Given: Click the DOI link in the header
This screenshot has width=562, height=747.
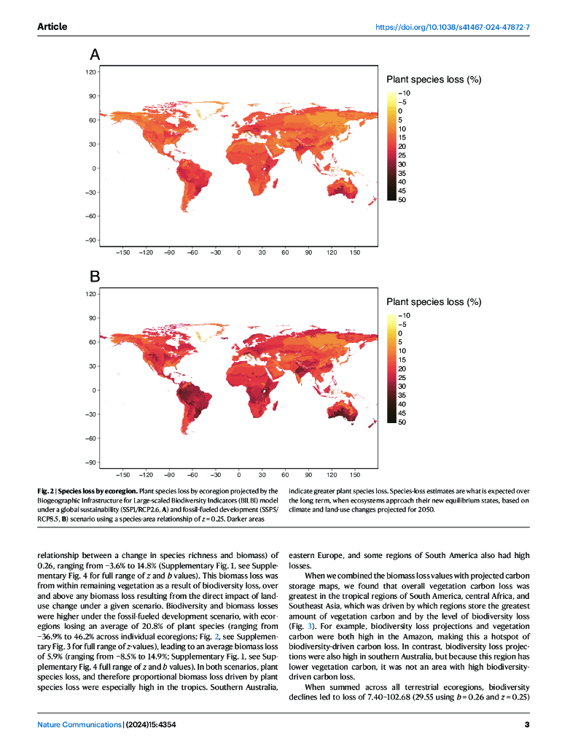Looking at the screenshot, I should [x=452, y=27].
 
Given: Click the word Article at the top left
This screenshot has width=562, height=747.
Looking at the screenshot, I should [x=52, y=27].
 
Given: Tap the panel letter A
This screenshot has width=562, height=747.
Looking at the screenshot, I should [x=95, y=54].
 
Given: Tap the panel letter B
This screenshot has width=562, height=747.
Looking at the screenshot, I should [x=95, y=276].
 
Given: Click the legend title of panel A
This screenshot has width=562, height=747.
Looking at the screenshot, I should [x=433, y=80].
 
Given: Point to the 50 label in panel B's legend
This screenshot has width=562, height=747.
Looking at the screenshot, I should [x=402, y=422].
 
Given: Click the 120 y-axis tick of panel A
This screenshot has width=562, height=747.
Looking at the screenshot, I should [x=91, y=72].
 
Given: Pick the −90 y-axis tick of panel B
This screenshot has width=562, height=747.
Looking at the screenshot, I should [x=90, y=462].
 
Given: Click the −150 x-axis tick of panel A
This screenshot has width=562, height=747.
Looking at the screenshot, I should [x=122, y=252].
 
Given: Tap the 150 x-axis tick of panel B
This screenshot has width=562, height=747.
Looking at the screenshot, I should [x=355, y=474].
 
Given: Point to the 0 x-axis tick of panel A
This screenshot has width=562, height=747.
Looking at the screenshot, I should [x=239, y=252].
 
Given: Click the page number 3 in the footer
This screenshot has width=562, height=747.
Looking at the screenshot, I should [x=526, y=724].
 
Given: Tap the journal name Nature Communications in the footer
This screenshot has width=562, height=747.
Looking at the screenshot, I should [x=69, y=724].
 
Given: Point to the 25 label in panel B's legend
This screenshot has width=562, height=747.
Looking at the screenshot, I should [x=402, y=377].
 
